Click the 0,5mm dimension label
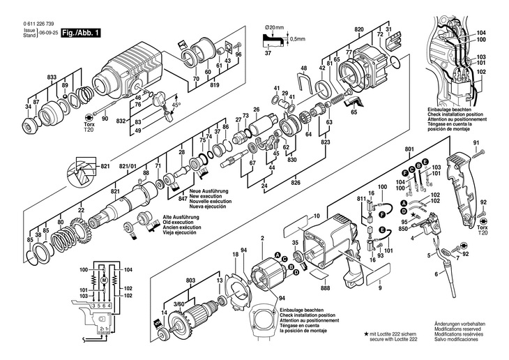click(x=299, y=38)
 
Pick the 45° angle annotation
click(x=177, y=105)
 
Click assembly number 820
click(x=358, y=30)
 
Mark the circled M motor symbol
click(x=103, y=280)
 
